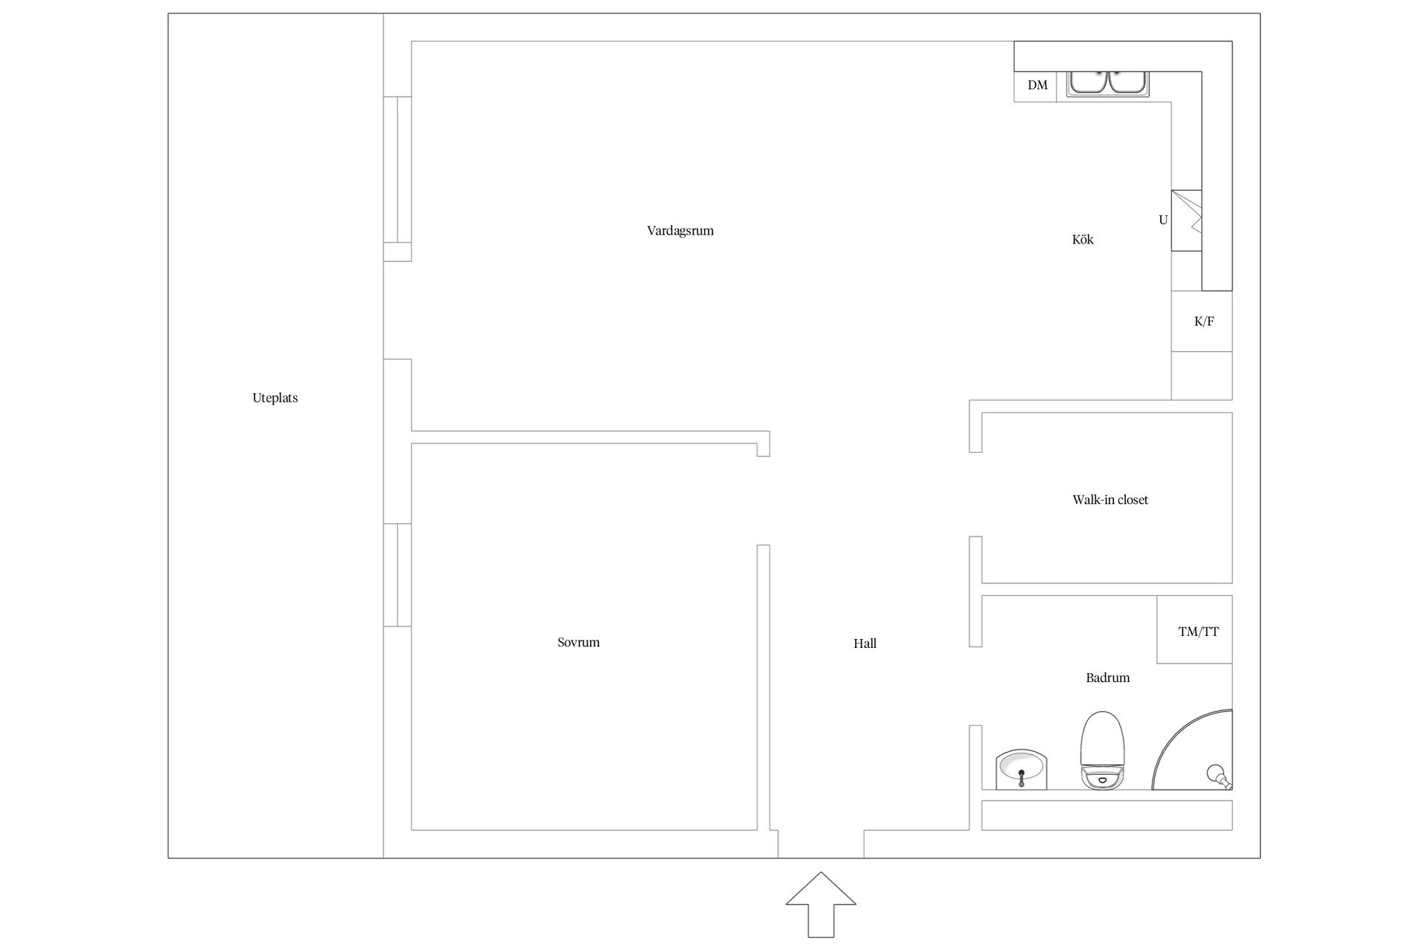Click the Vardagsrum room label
(680, 231)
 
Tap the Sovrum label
(578, 643)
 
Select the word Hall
(865, 644)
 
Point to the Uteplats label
(275, 398)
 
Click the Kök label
(1083, 240)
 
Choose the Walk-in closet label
(1110, 500)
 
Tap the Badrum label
(1107, 678)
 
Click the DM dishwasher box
(1035, 86)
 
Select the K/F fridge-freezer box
(1202, 321)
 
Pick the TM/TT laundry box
(1194, 629)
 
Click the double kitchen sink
(1107, 84)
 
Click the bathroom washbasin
(1021, 769)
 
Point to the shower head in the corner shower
(1218, 776)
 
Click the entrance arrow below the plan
(821, 904)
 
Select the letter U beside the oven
(1163, 220)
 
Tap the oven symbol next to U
(1186, 220)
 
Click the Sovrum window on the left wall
(397, 575)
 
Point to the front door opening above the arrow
(821, 845)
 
